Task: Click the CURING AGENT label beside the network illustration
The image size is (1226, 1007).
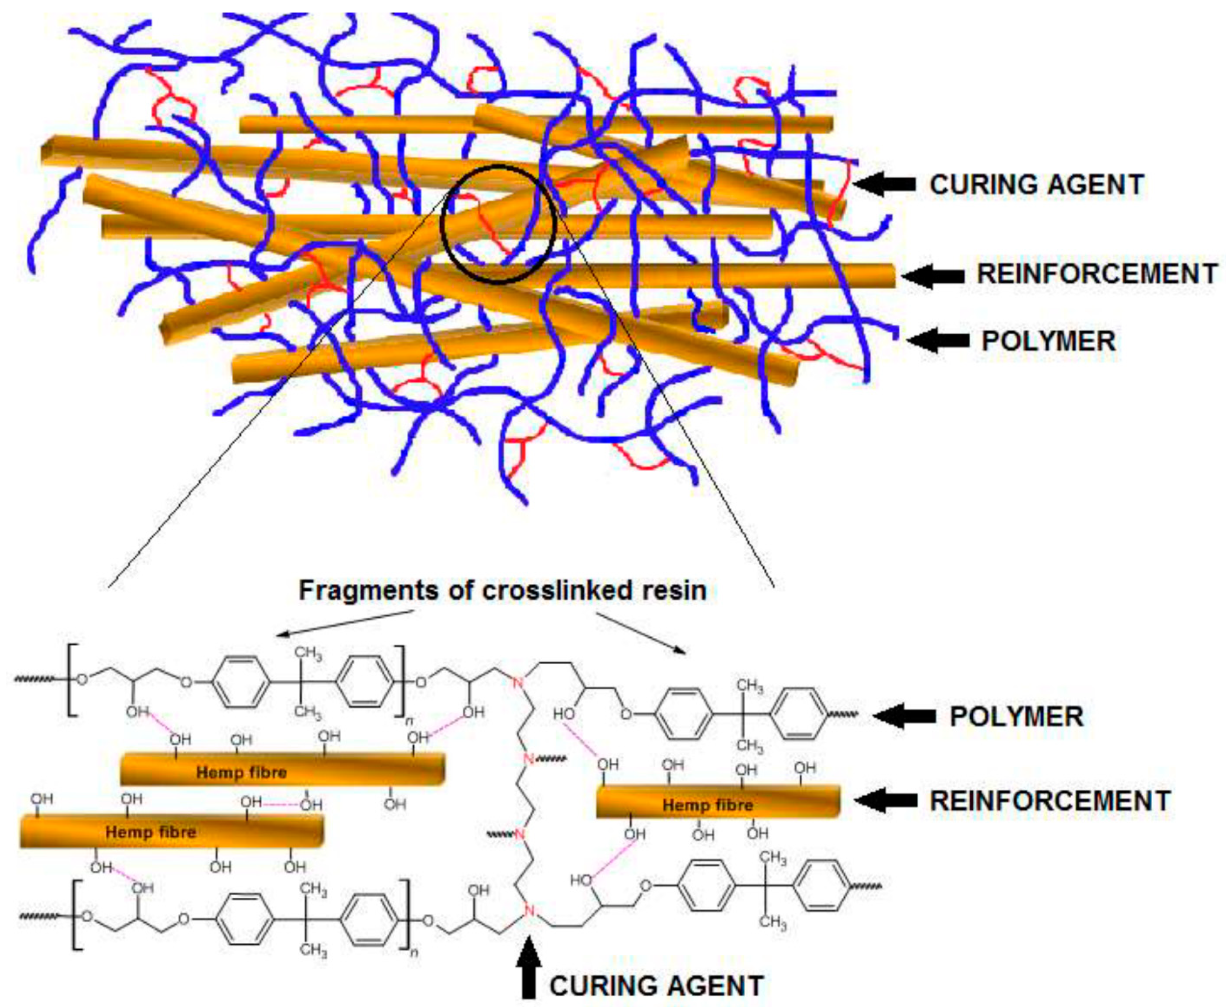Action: pyautogui.click(x=1036, y=184)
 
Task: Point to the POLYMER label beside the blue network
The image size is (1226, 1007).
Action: pyautogui.click(x=1048, y=340)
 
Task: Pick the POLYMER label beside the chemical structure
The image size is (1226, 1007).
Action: pyautogui.click(x=1016, y=717)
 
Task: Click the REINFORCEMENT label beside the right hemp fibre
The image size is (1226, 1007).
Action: pyautogui.click(x=1050, y=800)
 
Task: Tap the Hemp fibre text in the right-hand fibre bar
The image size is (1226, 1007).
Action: pyautogui.click(x=708, y=805)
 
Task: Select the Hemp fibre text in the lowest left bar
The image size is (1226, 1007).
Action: pyautogui.click(x=150, y=832)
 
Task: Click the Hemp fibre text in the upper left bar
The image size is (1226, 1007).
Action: pyautogui.click(x=241, y=772)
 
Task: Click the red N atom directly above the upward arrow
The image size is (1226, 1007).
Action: pyautogui.click(x=529, y=911)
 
